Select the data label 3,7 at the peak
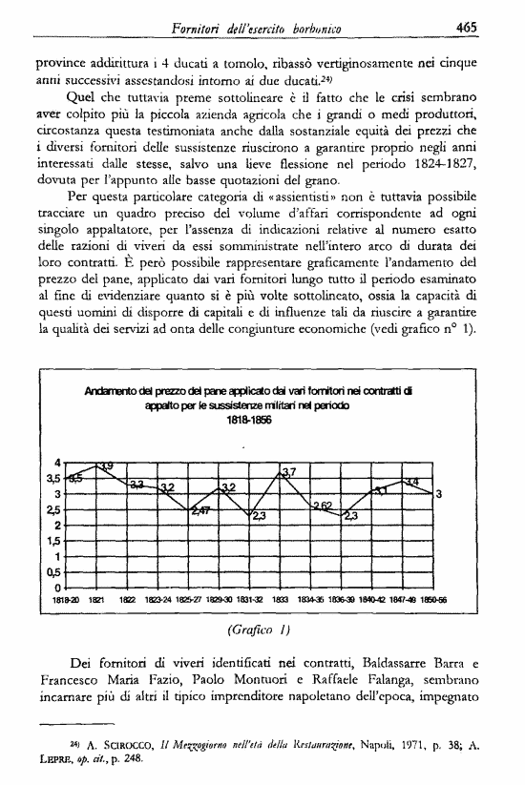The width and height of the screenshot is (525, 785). click(291, 472)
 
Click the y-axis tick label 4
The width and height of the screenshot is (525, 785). click(58, 463)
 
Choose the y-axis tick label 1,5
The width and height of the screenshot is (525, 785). click(54, 540)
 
